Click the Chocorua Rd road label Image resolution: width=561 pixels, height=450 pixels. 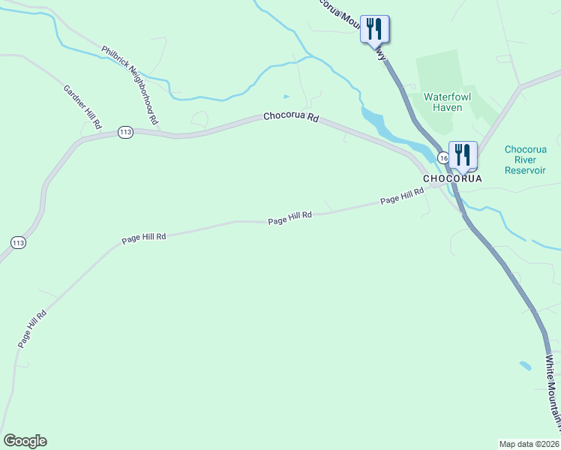[291, 118]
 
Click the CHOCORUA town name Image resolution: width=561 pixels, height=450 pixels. [452, 179]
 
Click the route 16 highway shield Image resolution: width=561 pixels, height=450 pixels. [442, 158]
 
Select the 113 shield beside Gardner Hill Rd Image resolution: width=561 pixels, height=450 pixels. [125, 132]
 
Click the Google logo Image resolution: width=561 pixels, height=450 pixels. [25, 441]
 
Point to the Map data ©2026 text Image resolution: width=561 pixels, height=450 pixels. [529, 443]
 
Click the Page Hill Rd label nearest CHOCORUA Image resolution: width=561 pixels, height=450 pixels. [402, 196]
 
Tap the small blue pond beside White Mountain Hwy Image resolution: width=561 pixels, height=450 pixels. [525, 366]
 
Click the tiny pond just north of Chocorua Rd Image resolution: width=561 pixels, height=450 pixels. [286, 97]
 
